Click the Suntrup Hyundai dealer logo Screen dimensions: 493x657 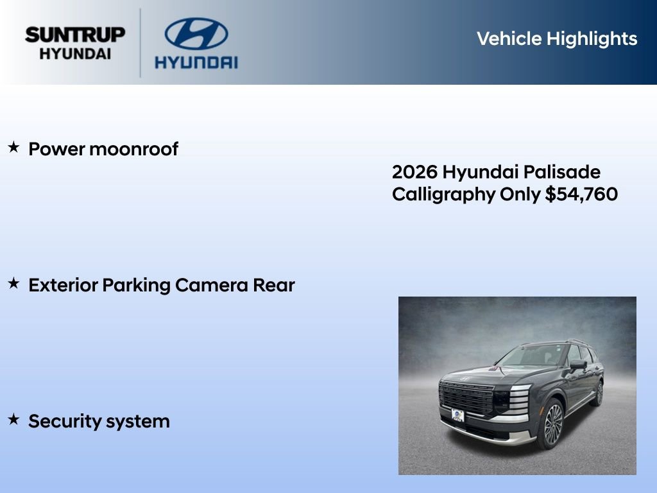point(75,43)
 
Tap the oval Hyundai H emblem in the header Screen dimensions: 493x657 point(196,33)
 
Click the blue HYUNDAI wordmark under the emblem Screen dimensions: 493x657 point(196,62)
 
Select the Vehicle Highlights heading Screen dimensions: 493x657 point(556,39)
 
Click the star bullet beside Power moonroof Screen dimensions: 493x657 point(13,148)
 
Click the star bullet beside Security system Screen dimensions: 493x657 point(13,420)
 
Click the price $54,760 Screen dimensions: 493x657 point(581,194)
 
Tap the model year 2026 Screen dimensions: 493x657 point(414,172)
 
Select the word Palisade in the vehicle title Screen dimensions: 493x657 point(562,172)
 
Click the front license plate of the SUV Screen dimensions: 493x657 point(457,415)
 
